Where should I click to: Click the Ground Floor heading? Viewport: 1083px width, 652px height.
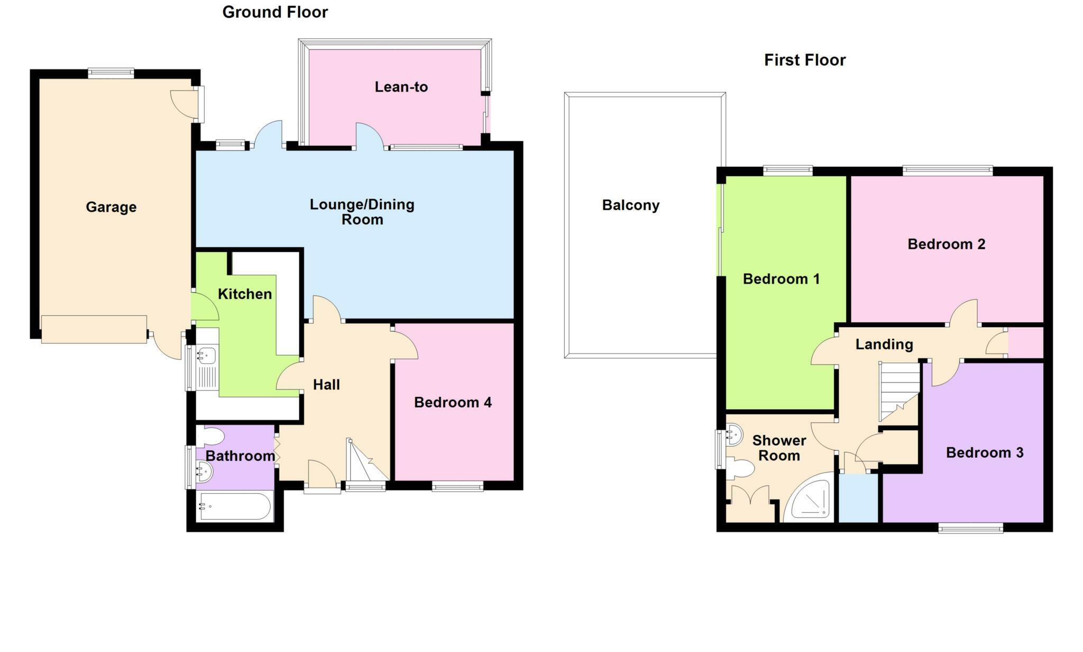click(x=275, y=12)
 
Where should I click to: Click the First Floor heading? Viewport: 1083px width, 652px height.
click(x=804, y=60)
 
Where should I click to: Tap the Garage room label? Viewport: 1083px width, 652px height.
click(x=111, y=207)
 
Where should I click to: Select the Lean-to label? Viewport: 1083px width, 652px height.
click(x=401, y=87)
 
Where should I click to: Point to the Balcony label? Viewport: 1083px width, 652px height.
click(x=630, y=205)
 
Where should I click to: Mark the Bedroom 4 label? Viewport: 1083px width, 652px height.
click(x=453, y=403)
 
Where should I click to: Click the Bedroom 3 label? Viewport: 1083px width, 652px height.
click(x=984, y=453)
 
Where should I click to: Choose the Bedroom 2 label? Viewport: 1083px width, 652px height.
click(x=946, y=245)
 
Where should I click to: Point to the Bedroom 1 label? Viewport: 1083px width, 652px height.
click(x=781, y=279)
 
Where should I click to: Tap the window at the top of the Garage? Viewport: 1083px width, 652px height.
click(x=111, y=73)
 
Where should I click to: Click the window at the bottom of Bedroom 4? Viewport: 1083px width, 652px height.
click(x=457, y=486)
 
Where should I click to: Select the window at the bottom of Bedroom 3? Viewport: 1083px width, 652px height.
click(x=970, y=527)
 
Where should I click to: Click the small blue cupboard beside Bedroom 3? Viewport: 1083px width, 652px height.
click(x=858, y=498)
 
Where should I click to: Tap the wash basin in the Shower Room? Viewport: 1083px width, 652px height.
click(x=733, y=435)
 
